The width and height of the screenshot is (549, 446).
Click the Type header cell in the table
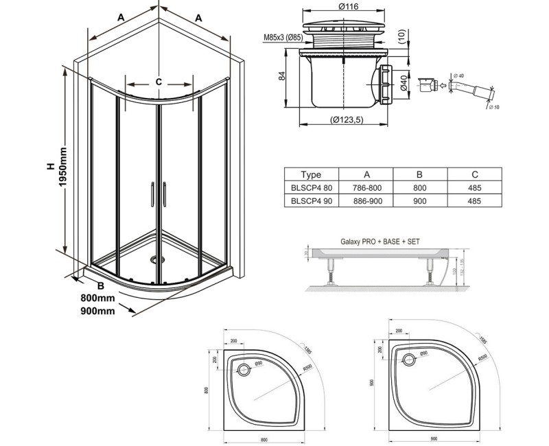tap(306, 175)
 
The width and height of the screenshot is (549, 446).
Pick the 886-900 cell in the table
tap(367, 201)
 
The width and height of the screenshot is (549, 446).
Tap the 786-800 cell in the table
tap(367, 188)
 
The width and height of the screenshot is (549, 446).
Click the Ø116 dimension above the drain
tap(346, 7)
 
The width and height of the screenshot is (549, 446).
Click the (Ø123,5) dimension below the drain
tap(344, 121)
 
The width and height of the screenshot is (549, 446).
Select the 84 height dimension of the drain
tap(282, 77)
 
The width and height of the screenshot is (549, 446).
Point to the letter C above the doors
tap(159, 82)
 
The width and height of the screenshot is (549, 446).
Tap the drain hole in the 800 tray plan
tap(244, 370)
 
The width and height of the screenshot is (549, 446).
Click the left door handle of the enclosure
tap(150, 193)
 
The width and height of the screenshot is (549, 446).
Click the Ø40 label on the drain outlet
tap(406, 84)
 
